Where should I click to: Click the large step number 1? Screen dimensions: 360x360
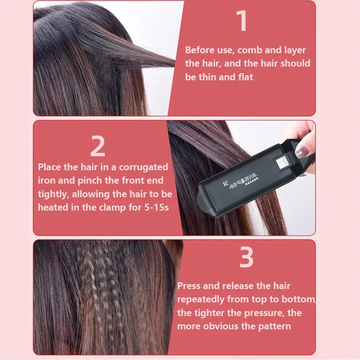[x=242, y=21]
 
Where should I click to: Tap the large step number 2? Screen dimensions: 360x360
[x=98, y=146]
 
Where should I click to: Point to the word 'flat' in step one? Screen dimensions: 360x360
[x=246, y=77]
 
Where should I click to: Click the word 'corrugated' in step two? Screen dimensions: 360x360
[x=144, y=167]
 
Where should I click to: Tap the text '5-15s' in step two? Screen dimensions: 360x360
[x=156, y=207]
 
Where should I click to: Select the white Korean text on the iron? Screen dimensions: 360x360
[x=243, y=181]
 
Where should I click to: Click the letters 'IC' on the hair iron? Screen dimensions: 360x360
[x=225, y=184]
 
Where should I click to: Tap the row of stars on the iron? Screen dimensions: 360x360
[x=252, y=181]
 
